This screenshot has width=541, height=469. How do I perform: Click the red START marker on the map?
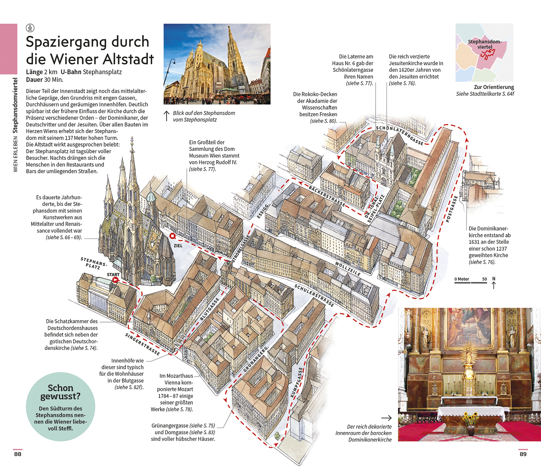116,280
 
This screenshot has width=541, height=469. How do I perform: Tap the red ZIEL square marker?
173,236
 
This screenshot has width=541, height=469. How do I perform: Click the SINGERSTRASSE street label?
143,344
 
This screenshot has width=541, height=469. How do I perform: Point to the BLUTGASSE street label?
210,309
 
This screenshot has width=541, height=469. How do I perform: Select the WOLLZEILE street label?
348,269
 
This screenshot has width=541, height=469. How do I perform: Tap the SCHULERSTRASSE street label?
314,295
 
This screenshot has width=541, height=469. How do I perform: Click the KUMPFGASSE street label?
296,382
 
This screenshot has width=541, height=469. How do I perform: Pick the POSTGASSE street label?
452,209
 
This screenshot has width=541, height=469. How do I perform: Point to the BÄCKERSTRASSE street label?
327,196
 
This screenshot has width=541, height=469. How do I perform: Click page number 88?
18,454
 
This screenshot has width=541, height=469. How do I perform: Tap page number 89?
523,454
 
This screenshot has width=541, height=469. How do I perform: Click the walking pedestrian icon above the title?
30,28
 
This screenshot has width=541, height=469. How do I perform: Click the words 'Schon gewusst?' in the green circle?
61,392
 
